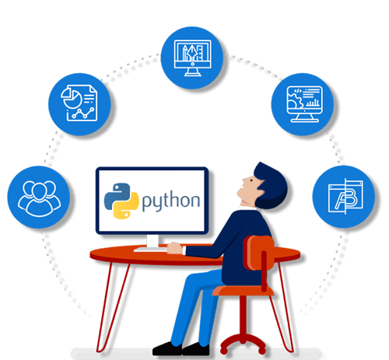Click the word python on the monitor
pyautogui.click(x=171, y=201)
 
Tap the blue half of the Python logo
pyautogui.click(x=116, y=195)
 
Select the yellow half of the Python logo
pyautogui.click(x=127, y=206)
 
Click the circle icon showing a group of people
pyautogui.click(x=39, y=197)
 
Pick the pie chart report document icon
pyautogui.click(x=79, y=104)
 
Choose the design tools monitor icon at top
pyautogui.click(x=192, y=58)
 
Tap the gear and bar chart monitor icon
pyautogui.click(x=303, y=104)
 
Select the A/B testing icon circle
pyautogui.click(x=344, y=197)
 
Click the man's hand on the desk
pyautogui.click(x=175, y=248)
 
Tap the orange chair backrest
pyautogui.click(x=259, y=253)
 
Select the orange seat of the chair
pyautogui.click(x=243, y=291)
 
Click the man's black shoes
pyautogui.click(x=181, y=349)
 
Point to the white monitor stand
pyautogui.click(x=152, y=244)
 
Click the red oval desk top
pyautogui.click(x=156, y=255)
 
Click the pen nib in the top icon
pyautogui.click(x=192, y=53)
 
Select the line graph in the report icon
pyautogui.click(x=83, y=114)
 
